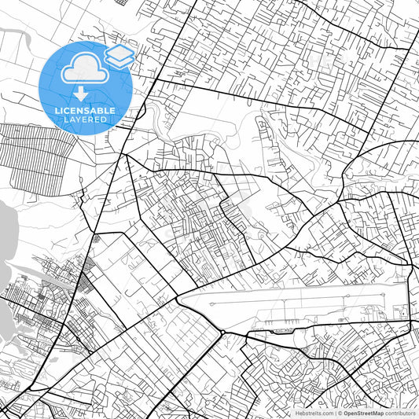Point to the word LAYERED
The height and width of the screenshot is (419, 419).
click(x=87, y=119)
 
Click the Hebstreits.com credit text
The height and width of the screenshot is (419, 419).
click(x=313, y=412)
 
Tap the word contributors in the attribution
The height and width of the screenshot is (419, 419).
click(x=400, y=412)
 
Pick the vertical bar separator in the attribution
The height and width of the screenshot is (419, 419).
click(x=334, y=412)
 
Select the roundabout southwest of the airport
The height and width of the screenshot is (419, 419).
click(x=223, y=333)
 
